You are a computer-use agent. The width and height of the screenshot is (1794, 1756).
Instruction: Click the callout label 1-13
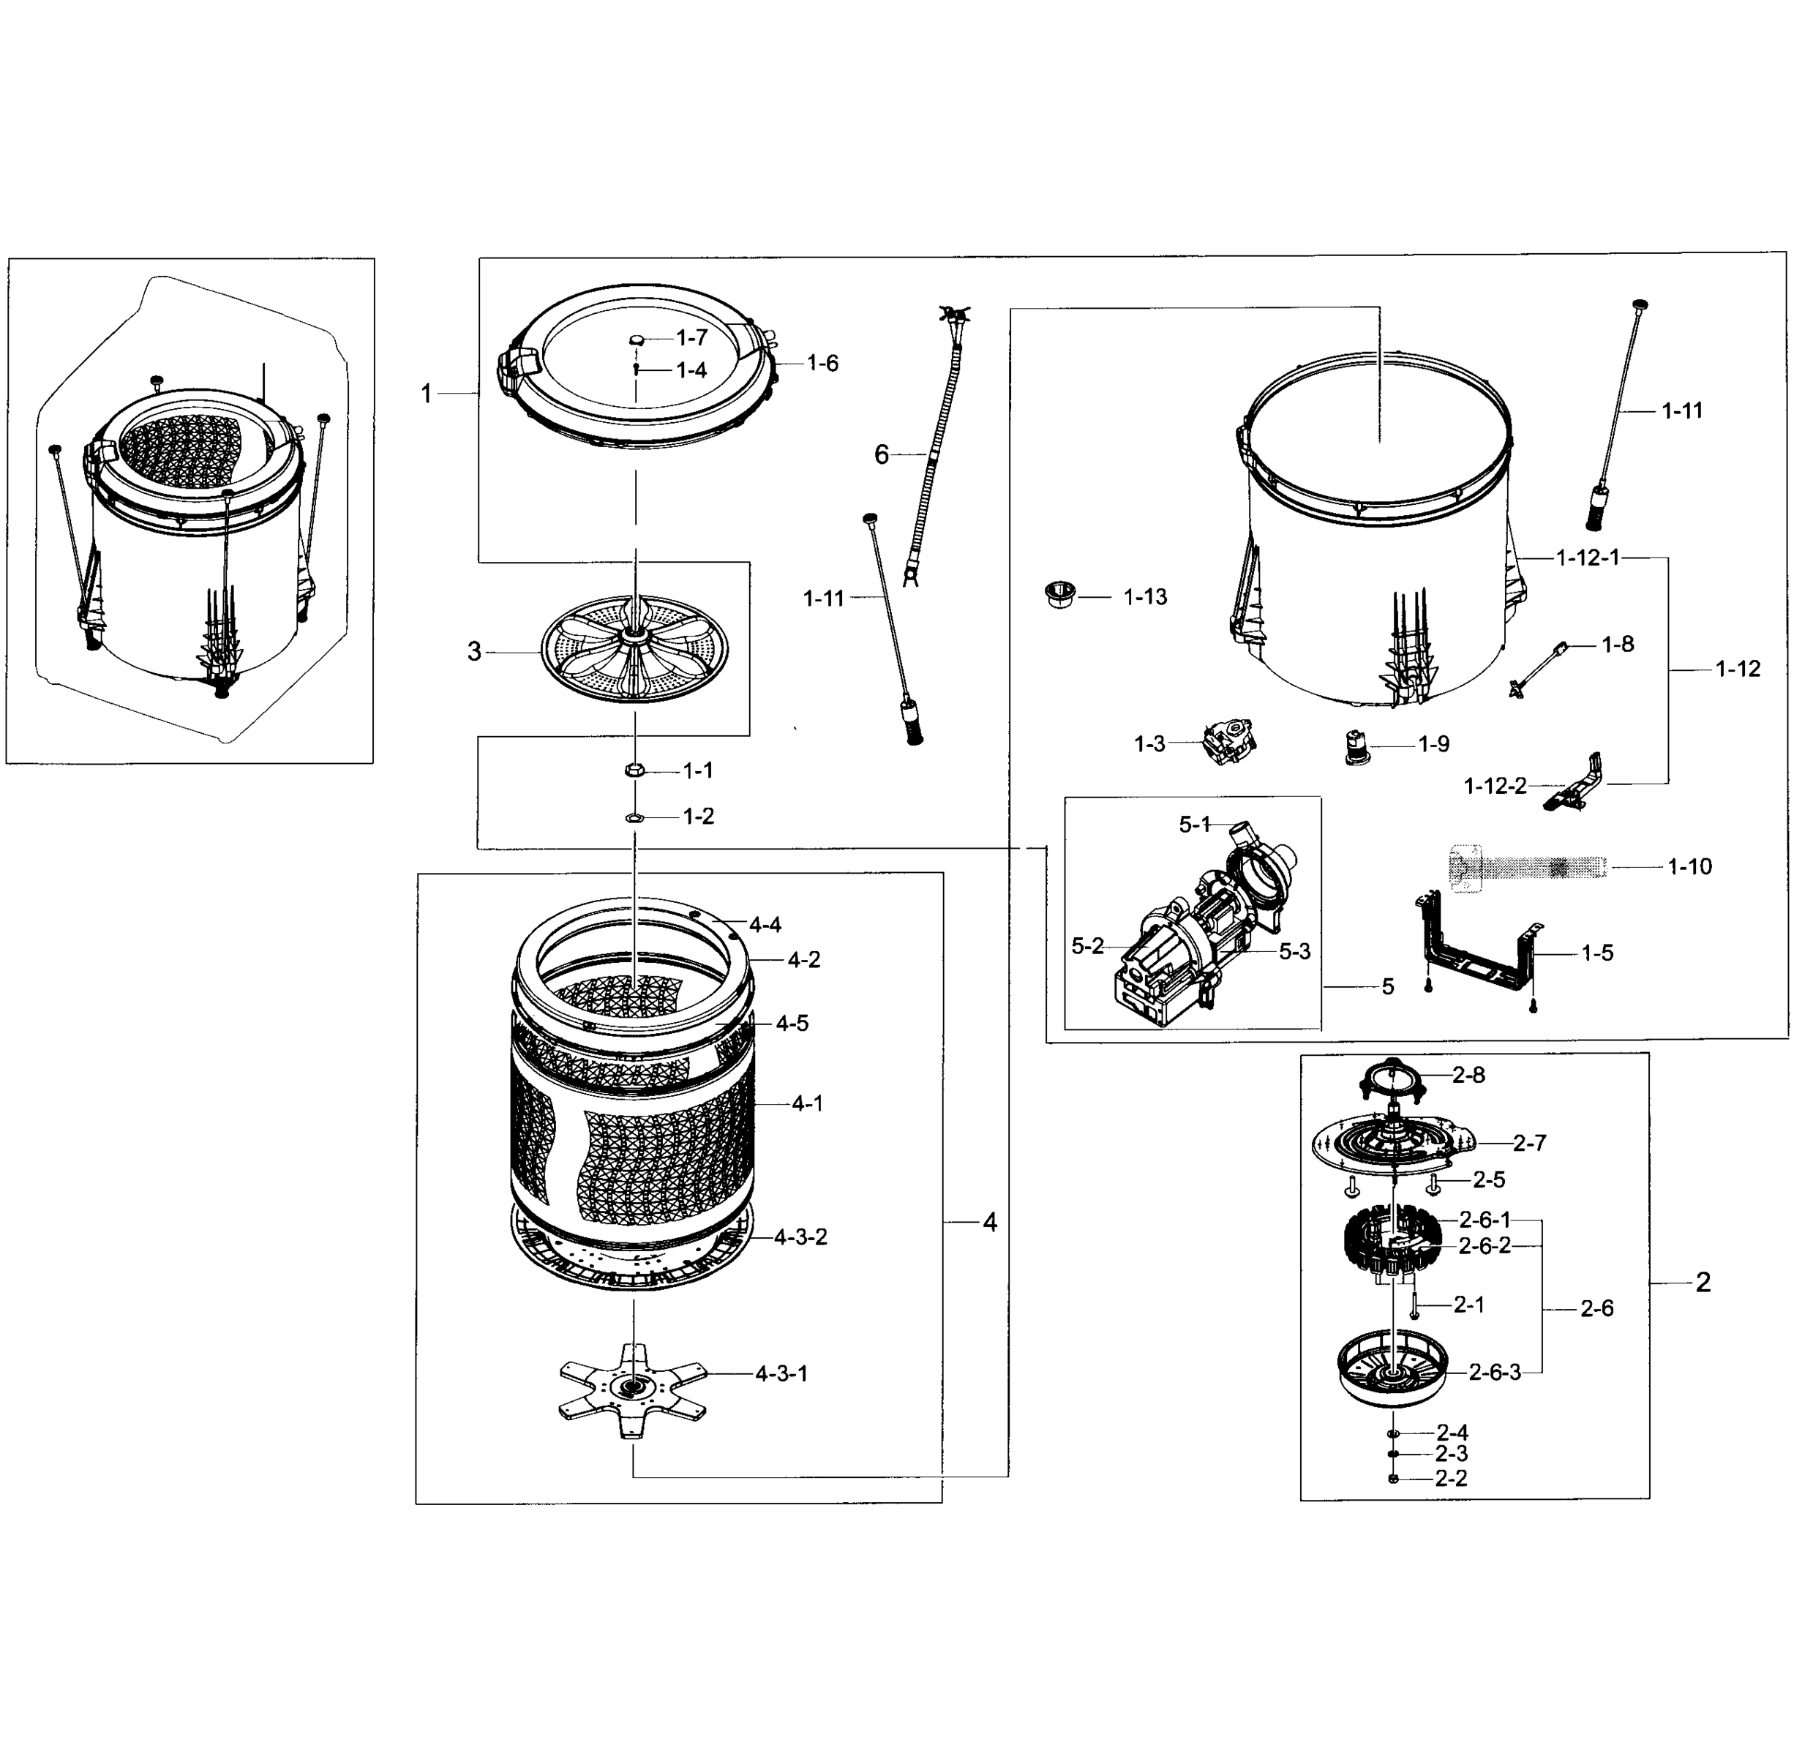click(1144, 598)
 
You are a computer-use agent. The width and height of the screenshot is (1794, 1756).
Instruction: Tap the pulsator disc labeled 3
click(633, 648)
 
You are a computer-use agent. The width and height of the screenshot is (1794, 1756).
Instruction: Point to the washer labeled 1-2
click(634, 817)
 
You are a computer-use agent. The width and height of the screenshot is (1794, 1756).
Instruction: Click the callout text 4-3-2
click(800, 1237)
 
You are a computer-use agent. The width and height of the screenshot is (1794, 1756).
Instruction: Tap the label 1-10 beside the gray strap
click(1689, 866)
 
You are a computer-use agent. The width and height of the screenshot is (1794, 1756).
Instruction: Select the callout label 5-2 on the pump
click(1087, 946)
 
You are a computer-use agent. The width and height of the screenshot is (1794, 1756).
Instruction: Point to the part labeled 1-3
click(1229, 744)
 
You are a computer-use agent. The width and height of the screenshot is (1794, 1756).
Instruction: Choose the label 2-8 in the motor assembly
click(1468, 1074)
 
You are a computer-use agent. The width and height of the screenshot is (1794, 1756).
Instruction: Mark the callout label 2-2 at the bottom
click(1451, 1479)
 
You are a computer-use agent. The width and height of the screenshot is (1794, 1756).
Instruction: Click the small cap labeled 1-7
click(637, 340)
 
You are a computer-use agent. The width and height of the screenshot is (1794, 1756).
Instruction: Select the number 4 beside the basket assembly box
click(990, 1222)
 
